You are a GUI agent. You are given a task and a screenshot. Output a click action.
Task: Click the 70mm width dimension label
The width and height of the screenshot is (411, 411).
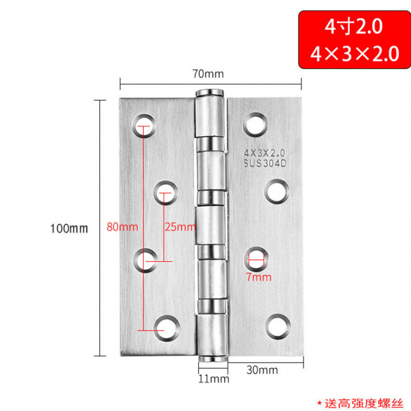[x=208, y=73]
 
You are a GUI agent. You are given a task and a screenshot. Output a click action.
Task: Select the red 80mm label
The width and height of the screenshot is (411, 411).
[x=119, y=226]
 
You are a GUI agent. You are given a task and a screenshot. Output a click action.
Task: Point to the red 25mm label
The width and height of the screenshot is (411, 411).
[x=179, y=226]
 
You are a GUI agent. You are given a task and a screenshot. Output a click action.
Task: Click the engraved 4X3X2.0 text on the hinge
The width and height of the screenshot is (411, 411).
[x=268, y=153]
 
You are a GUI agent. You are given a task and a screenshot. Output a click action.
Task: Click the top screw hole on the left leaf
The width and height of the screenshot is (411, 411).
[x=145, y=126]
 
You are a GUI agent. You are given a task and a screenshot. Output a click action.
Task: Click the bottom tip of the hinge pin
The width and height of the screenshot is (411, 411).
[x=211, y=359]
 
